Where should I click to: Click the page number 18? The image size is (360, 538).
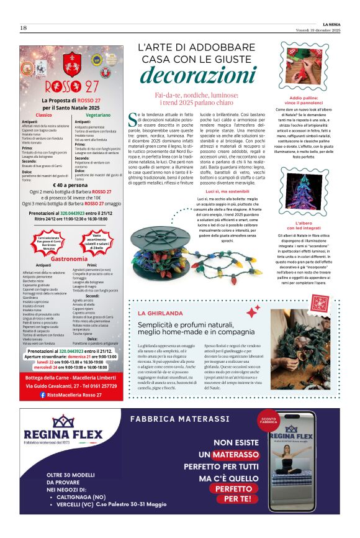[x=23, y=27]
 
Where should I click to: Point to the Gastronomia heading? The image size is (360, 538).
[x=69, y=258]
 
